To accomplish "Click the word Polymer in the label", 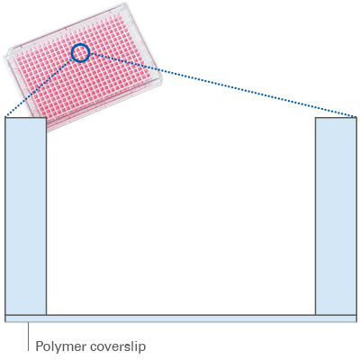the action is point(60,346).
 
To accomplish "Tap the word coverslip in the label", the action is point(118,346).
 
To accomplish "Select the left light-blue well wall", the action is point(26,216).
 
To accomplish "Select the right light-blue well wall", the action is point(336,216).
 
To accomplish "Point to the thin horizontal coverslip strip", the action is point(181,319).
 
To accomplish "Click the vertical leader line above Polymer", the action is point(29,337).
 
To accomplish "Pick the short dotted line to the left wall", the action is point(39,86).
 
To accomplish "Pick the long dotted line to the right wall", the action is point(223,85).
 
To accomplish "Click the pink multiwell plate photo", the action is point(84,67).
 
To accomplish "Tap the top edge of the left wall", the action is point(26,117).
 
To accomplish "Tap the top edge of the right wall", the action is point(336,117).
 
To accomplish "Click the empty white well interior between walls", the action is point(181,216).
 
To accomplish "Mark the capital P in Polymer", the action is point(40,346).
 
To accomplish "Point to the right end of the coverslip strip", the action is point(356,319).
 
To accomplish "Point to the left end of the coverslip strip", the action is point(5,319).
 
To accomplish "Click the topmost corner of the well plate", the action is point(128,4).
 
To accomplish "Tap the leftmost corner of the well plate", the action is point(4,57).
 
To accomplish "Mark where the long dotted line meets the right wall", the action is point(356,117).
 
